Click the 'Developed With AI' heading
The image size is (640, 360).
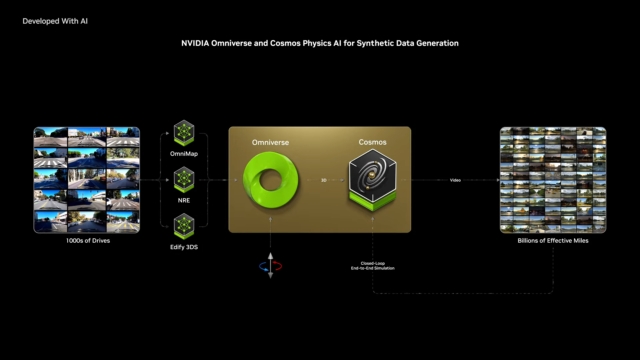[55, 21]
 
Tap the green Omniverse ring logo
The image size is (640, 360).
[270, 180]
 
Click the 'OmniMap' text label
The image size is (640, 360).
[184, 154]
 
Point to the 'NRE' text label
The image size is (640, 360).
[184, 200]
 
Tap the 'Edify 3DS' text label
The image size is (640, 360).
[184, 247]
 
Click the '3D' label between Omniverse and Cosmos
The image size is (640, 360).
[324, 180]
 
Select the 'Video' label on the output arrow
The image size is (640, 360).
[455, 180]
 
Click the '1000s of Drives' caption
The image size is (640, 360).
[88, 241]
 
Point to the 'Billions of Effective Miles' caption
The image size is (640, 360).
[553, 241]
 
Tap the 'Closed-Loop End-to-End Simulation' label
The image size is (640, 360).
[373, 266]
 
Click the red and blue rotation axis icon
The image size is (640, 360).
[270, 266]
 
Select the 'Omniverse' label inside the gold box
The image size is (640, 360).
[270, 143]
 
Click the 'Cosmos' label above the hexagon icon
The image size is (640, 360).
[373, 142]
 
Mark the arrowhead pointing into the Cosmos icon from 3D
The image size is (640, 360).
[342, 180]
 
